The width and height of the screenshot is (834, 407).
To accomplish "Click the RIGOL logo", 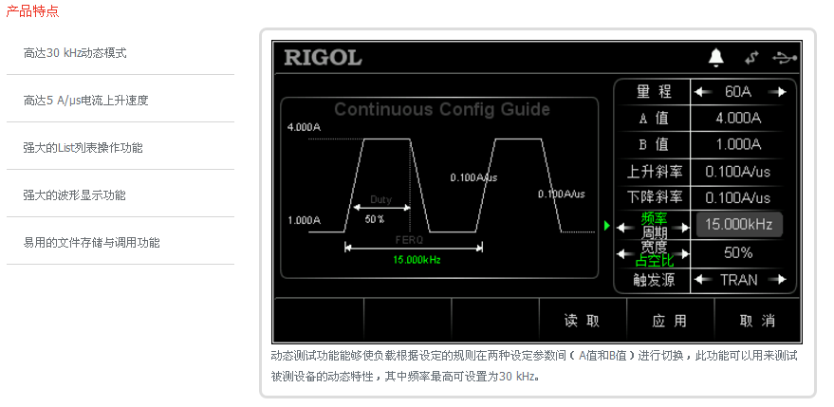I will coord(323,58).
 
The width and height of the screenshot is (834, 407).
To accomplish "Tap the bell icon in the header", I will coord(716,58).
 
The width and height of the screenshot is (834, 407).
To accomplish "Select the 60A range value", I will coord(739,92).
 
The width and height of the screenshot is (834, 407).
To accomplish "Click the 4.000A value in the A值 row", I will coord(739,119).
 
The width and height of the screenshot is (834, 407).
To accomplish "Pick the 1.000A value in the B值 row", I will coord(739,145).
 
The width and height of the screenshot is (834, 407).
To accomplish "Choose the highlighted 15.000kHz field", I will coord(739,225).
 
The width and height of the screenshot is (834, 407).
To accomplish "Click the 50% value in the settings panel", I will coord(739,252).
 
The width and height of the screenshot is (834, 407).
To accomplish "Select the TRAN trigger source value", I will coord(739,280).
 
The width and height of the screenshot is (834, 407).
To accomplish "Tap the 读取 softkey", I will coord(583,321).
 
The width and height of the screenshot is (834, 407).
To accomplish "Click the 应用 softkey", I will coord(669,321).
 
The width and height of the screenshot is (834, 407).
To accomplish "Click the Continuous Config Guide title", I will coord(442,109).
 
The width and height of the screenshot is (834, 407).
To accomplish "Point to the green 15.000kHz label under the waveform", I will coord(417,259).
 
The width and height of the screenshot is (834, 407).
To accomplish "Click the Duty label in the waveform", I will coord(380,200).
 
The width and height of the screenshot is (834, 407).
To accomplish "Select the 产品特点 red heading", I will coord(32,11).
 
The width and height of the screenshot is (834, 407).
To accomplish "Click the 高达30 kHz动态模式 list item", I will coord(75,53).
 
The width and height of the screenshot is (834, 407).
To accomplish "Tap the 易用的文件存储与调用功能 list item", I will coord(91,243).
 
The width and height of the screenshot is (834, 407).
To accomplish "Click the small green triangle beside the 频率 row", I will coord(606,226).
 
